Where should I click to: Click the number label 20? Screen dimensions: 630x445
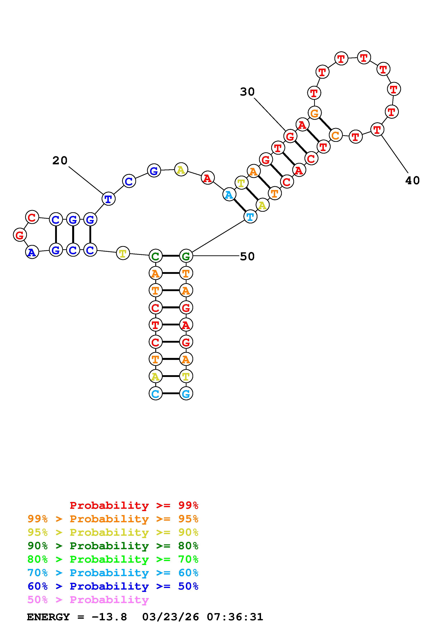[60, 161]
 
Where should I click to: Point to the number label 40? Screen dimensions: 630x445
[412, 180]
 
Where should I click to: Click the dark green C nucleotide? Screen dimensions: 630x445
[155, 256]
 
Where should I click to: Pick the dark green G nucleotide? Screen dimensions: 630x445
[186, 256]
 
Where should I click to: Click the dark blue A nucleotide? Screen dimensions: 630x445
[32, 252]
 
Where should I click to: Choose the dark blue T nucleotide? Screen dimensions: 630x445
[108, 199]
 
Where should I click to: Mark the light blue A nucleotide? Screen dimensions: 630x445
[229, 195]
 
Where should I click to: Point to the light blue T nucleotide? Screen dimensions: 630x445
[250, 217]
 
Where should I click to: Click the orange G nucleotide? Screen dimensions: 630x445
[314, 113]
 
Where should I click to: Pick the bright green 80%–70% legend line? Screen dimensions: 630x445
[113, 559]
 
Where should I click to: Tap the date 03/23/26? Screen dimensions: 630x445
[170, 617]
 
